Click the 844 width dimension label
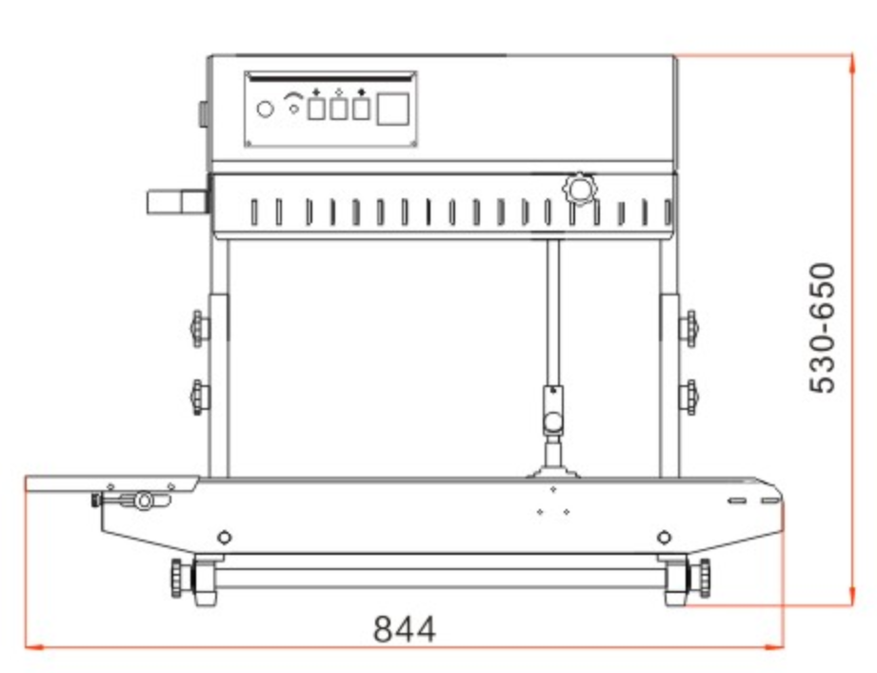404,629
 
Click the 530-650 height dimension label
823,328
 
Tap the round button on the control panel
265,109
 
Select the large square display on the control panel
392,110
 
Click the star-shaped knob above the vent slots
580,188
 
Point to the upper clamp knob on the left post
199,328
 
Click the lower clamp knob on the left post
199,397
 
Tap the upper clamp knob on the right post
689,328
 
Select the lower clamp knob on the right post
689,397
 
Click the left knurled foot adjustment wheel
177,578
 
